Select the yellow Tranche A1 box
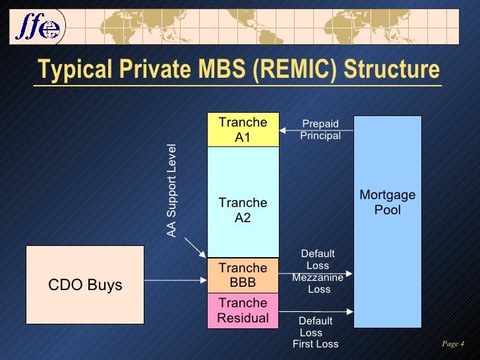(243, 130)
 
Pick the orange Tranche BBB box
(243, 275)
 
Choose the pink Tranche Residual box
(243, 311)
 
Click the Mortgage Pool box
(388, 222)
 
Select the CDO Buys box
(85, 285)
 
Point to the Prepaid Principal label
(320, 130)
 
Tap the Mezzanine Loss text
(318, 284)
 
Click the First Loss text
(315, 344)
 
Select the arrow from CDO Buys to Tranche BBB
(175, 282)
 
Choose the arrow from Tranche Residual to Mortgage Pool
(316, 311)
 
